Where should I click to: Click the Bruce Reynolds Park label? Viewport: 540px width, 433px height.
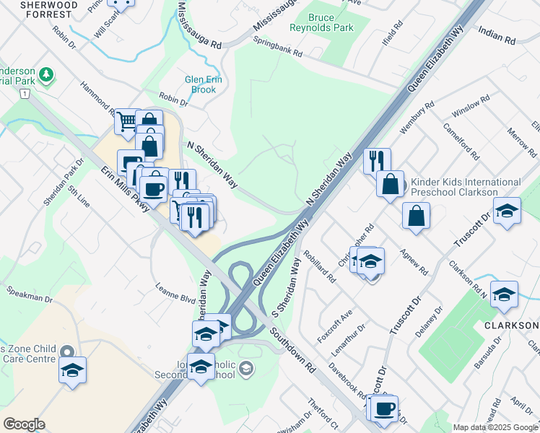(331, 22)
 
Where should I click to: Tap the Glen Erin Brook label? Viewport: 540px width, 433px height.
(200, 84)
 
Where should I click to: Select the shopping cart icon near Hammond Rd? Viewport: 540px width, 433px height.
(127, 121)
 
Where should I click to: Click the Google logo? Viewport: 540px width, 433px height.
(24, 424)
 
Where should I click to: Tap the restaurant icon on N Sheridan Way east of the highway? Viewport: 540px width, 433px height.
(377, 161)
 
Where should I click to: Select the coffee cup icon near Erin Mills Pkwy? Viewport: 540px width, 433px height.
(153, 188)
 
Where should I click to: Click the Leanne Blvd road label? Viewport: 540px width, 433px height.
(175, 292)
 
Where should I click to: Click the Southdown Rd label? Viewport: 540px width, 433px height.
(292, 350)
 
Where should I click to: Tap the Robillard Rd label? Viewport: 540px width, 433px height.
(321, 266)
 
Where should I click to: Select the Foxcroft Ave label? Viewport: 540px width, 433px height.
(336, 326)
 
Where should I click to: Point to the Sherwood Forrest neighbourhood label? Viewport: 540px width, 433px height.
(39, 9)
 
